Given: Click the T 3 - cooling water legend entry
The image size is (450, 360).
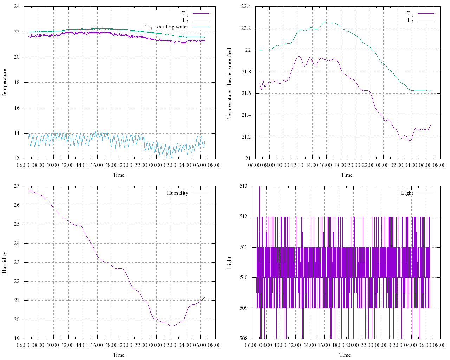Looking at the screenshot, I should tap(167, 27).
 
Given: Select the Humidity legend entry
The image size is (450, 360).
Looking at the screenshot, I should tap(178, 193).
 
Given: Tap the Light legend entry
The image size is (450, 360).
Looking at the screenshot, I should tap(407, 193).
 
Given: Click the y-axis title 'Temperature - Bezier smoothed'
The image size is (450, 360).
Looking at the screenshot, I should tap(230, 83).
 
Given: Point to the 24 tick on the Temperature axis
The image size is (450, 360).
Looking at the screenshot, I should tap(17, 6).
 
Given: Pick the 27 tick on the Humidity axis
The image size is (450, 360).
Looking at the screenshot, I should tap(17, 186).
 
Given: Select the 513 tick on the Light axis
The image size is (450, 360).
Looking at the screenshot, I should tap(244, 186).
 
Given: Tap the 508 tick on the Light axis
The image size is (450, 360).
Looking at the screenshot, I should tap(244, 339).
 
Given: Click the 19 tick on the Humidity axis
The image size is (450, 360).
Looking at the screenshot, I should tap(17, 339).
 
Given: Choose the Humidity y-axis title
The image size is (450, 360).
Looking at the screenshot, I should tap(5, 262).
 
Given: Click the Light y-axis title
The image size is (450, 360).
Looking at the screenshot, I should tap(230, 263).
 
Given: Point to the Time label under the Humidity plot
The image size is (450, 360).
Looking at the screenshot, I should tap(118, 355).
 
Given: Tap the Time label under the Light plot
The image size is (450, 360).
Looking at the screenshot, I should tap(345, 355).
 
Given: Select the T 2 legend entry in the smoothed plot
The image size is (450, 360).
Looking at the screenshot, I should tap(410, 20).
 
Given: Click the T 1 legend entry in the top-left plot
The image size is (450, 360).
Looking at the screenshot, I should tap(185, 14).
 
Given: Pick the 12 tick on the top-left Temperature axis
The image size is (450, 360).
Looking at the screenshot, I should tap(17, 159).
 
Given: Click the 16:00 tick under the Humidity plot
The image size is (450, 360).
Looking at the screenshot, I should tap(97, 345).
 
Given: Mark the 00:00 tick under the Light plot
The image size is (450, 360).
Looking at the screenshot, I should tap(382, 345).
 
